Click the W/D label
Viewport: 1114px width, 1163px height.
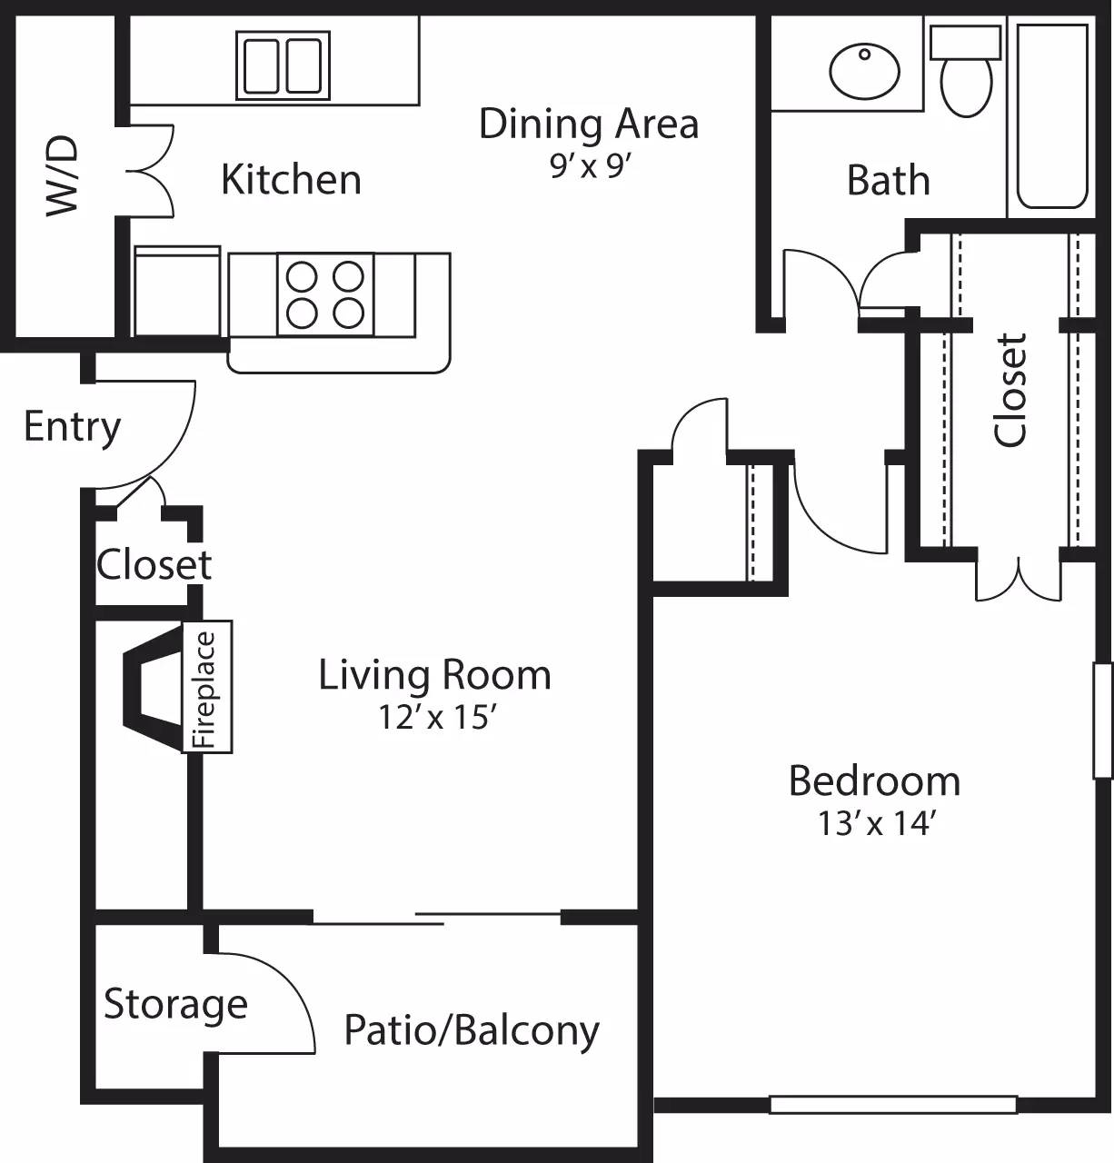[x=63, y=176]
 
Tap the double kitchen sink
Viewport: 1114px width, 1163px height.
[x=283, y=65]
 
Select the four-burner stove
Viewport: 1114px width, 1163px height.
[x=325, y=294]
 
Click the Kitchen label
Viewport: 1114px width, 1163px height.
[x=291, y=180]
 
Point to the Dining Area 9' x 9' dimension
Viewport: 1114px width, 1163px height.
[x=590, y=166]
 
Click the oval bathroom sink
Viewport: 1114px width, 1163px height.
[x=864, y=71]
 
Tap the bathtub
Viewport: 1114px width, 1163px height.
[x=1051, y=116]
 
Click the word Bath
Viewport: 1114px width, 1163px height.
[x=888, y=181]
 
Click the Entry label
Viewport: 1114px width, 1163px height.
[x=72, y=426]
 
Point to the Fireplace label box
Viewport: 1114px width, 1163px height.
[x=207, y=687]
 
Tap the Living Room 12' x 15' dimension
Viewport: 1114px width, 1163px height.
[x=435, y=717]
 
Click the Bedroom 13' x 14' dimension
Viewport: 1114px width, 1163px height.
[x=875, y=823]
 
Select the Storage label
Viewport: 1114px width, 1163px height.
[x=175, y=1004]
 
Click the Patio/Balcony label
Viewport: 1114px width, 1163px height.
[x=472, y=1030]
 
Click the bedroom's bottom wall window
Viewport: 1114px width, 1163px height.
[x=892, y=1105]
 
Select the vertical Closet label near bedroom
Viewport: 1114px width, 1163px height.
[x=1010, y=390]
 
